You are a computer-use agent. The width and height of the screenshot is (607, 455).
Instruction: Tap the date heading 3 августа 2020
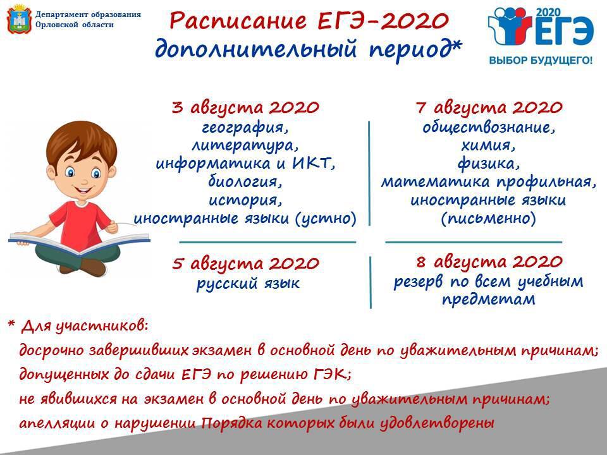coord(245,107)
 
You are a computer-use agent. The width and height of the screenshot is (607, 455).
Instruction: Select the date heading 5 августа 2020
coord(245,264)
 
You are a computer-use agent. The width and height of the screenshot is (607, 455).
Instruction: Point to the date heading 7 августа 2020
coord(489,107)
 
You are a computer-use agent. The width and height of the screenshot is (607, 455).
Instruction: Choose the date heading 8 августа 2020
coord(489,262)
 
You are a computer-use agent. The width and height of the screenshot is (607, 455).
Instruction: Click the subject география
coord(245,128)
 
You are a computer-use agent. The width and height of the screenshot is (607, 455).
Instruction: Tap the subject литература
coord(245,145)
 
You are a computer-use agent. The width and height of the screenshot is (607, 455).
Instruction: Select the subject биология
coord(245,182)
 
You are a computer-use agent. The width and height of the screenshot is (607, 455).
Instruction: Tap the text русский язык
coord(248,284)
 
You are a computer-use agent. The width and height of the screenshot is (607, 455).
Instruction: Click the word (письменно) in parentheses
coord(489,219)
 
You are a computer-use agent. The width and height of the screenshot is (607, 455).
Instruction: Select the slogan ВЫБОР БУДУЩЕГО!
coord(541,61)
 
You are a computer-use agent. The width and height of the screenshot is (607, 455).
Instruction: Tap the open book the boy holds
coord(80,243)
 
